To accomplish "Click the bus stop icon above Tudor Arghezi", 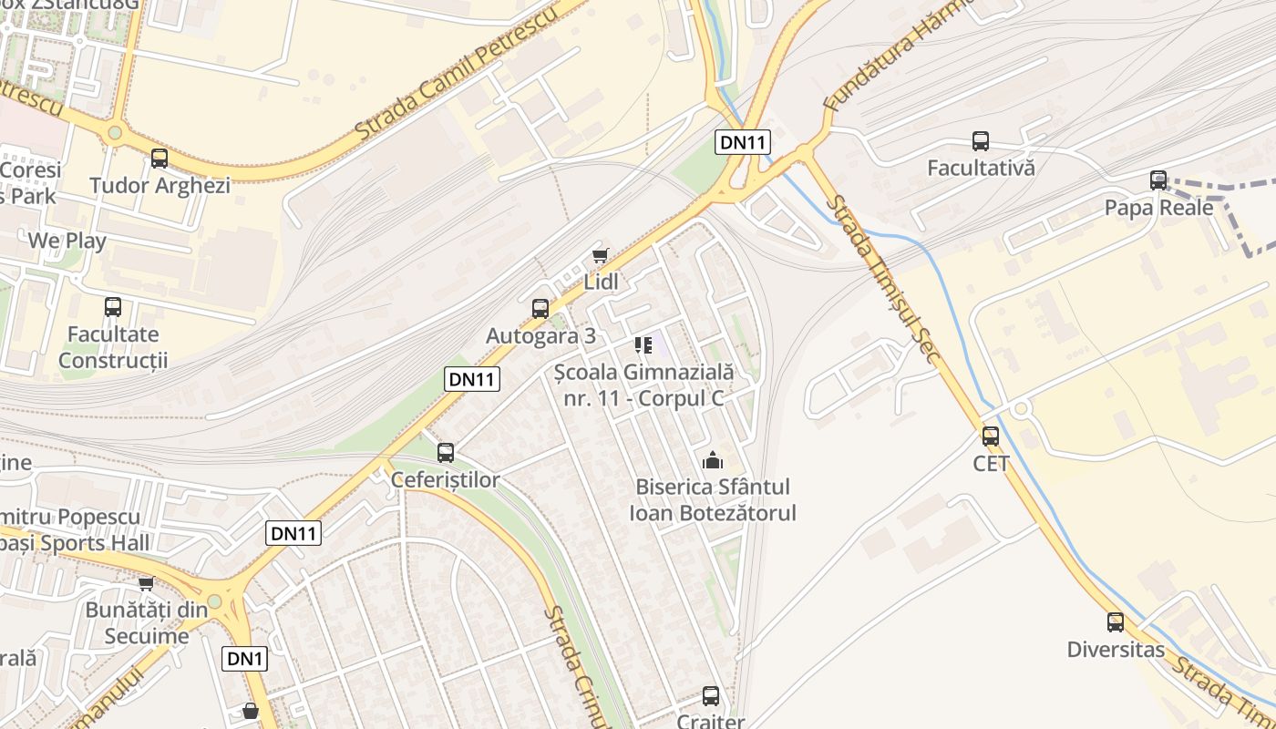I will point(159,159).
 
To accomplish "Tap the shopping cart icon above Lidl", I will point(600,256).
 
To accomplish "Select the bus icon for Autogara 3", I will point(540,309).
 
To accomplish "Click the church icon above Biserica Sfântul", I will point(713,461).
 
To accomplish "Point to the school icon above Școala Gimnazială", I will point(644,345).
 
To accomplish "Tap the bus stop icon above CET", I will point(991,436).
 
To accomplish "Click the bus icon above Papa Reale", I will point(1158,180).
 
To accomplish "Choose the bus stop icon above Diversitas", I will point(1116,622).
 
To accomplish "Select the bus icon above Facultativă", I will point(981,141).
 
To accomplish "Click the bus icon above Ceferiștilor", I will point(446,452).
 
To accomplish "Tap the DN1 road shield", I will point(245,659).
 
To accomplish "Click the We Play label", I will point(67,241).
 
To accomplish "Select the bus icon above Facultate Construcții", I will point(113,307).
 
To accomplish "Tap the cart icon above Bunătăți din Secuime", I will point(146,583).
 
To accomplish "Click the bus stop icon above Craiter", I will point(711,696).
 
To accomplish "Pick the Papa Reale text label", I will point(1158,208).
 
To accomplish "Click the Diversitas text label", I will point(1116,650).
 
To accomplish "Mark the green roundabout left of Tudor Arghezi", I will point(115,133).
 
